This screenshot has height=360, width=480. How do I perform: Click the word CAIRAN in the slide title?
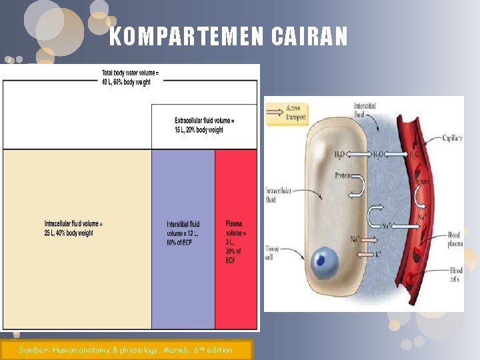309,37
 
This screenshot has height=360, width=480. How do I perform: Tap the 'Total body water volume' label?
130,77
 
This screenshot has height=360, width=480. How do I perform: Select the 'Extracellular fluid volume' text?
204,125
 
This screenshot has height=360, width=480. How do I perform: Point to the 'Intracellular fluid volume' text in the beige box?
73,228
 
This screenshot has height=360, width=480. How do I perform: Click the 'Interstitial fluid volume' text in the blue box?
183,233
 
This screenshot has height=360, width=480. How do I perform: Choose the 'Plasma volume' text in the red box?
235,242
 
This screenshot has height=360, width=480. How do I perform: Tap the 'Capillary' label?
453,139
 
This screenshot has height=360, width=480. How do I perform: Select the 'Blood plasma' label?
453,239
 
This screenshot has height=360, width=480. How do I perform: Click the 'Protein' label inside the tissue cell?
344,176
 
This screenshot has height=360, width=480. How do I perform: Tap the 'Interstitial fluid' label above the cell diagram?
364,109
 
